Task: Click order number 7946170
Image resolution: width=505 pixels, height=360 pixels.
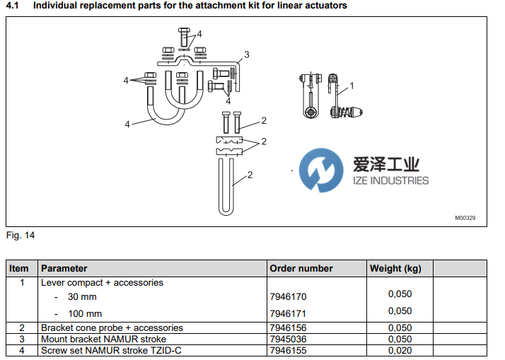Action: coord(288,296)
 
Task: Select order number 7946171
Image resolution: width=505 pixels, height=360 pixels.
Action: coord(288,313)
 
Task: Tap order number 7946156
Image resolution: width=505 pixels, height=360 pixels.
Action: coord(288,328)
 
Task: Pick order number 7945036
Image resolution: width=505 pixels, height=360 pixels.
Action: coord(288,339)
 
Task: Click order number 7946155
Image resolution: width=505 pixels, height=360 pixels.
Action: coord(288,349)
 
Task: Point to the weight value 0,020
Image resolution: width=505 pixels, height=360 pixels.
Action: coord(400,349)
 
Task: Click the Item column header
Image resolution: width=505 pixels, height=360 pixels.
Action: coord(19,269)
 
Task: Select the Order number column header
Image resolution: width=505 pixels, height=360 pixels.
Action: coord(301,269)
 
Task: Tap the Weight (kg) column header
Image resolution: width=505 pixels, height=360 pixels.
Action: coord(395,269)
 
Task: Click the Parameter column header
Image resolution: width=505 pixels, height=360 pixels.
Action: coord(64,269)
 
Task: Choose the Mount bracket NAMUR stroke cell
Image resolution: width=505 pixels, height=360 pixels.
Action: coord(103,339)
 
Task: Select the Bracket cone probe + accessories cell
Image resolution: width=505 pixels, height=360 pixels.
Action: coord(112,328)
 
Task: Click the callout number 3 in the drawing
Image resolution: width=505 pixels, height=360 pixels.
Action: coord(246,54)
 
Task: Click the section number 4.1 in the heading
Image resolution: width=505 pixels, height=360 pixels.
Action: coord(12,6)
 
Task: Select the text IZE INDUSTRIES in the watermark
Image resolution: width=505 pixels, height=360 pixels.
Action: coord(390,180)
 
